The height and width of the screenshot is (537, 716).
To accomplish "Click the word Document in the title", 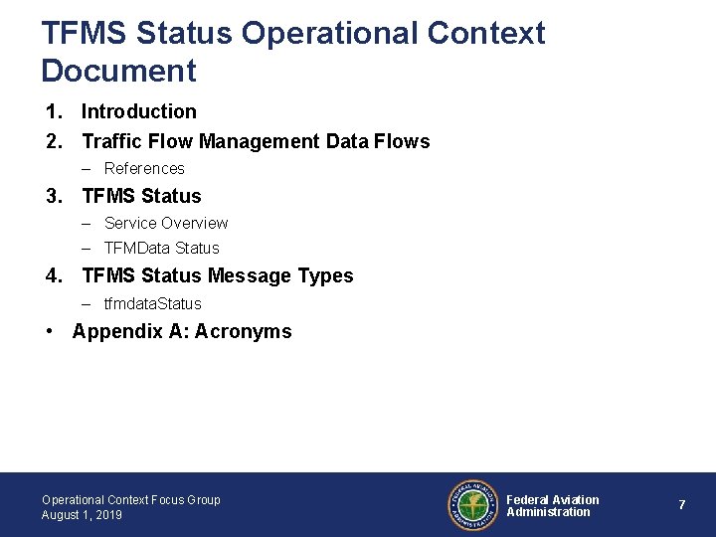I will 119,71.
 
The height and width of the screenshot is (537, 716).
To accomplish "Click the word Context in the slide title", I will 486,33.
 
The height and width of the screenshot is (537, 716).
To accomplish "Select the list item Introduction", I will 139,111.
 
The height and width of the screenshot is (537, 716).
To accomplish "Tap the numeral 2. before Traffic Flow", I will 55,141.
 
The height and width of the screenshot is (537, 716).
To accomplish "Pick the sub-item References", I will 144,169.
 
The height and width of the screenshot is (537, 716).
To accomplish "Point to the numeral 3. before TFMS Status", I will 55,196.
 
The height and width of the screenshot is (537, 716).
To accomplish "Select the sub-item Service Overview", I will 166,223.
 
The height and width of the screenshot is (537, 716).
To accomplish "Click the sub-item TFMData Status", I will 162,248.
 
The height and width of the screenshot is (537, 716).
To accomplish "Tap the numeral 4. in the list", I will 55,275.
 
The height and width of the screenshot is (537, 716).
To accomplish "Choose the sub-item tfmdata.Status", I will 153,303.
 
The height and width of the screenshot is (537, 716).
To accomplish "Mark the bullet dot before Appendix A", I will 50,331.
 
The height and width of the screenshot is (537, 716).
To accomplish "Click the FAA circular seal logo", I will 471,505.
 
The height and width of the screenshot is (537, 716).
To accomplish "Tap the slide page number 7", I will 681,505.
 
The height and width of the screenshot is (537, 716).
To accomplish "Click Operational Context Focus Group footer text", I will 131,499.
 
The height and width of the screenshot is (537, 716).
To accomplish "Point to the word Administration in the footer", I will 548,512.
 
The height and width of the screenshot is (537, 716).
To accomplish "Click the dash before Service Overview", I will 88,223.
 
